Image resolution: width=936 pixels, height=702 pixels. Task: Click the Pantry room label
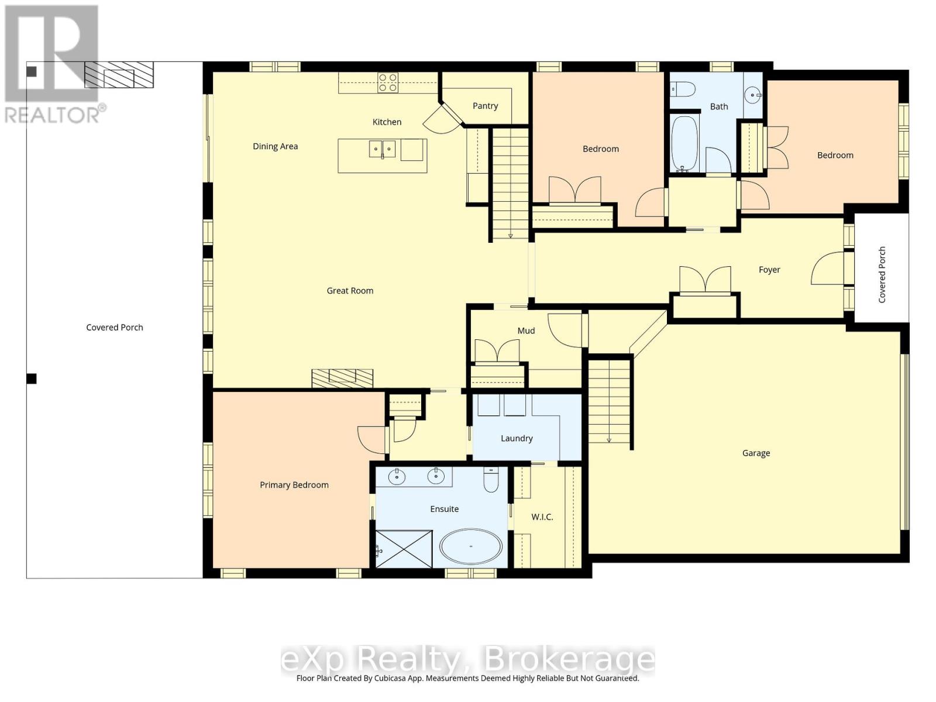(x=485, y=106)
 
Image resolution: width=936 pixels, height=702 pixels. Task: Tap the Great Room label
(x=350, y=291)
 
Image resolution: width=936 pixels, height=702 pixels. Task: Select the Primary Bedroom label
(x=294, y=484)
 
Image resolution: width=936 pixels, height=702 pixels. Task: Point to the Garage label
(x=756, y=453)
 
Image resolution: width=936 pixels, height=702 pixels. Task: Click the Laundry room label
(x=517, y=438)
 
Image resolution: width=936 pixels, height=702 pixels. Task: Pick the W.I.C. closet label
(x=542, y=517)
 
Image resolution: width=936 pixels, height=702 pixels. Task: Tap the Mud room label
(x=526, y=331)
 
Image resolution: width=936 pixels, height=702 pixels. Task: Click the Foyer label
(x=769, y=270)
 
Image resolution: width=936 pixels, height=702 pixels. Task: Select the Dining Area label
(x=275, y=146)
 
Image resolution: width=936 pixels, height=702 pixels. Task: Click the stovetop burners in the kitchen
(x=388, y=82)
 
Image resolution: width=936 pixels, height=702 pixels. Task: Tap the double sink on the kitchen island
(x=383, y=149)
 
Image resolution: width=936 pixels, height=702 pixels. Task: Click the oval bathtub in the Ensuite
(x=471, y=546)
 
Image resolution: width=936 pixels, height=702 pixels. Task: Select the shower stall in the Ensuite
(x=404, y=549)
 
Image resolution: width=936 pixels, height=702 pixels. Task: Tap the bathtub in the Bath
(x=685, y=144)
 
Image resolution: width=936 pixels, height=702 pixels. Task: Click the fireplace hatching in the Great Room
(x=342, y=378)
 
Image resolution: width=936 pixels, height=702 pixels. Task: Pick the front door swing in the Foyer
(x=828, y=268)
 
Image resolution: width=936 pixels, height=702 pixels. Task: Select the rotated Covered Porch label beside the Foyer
(x=882, y=274)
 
